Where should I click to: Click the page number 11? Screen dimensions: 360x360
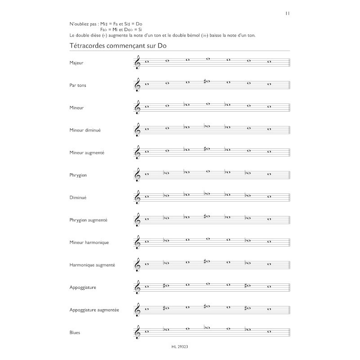pos(287,13)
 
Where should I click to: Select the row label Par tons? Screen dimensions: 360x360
pos(78,85)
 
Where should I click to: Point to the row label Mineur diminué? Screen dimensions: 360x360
pos(85,130)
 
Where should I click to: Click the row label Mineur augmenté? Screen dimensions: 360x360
pos(87,153)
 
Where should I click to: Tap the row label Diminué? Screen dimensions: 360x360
pos(78,198)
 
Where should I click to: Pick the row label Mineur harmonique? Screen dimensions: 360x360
pos(89,243)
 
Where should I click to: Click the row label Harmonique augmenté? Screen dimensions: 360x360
pos(92,265)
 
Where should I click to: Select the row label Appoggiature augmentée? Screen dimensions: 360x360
pos(94,310)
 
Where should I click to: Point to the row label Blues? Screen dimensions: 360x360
pos(76,333)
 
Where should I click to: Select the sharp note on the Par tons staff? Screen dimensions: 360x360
pos(207,81)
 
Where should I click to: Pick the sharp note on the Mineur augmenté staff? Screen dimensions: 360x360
pos(207,149)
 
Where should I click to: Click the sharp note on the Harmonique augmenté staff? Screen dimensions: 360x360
pos(207,261)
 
